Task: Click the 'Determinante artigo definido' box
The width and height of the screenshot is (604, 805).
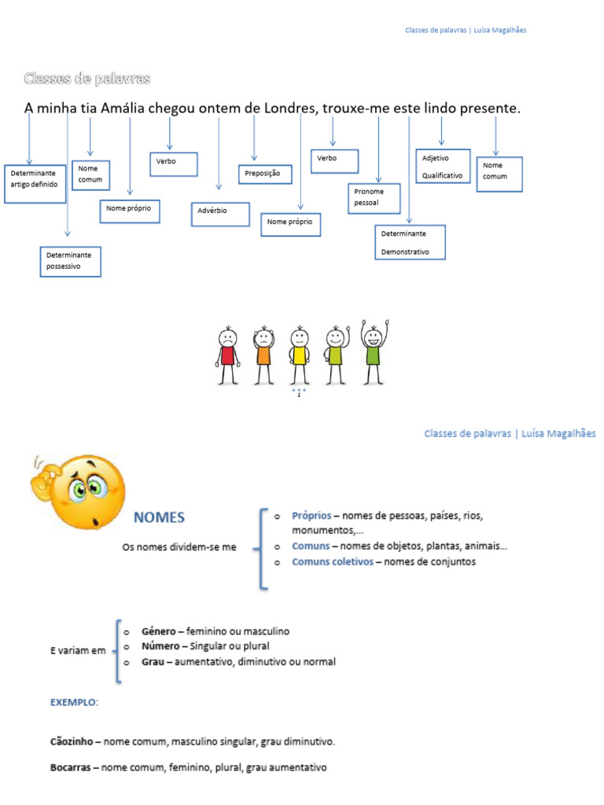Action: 35,183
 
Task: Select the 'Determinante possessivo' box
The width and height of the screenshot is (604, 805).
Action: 70,261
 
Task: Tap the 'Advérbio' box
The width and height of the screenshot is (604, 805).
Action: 219,214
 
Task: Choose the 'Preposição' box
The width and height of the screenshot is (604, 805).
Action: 265,174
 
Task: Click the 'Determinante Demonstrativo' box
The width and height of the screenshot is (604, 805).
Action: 410,242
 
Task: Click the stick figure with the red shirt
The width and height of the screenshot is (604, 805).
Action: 227,353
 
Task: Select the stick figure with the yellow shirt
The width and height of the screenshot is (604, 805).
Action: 299,355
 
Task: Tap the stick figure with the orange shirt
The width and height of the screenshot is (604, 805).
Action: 263,355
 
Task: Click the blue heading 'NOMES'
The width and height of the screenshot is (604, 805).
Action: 159,517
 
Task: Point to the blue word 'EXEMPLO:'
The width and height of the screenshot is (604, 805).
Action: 75,702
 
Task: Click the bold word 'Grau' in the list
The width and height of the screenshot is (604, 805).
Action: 153,662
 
